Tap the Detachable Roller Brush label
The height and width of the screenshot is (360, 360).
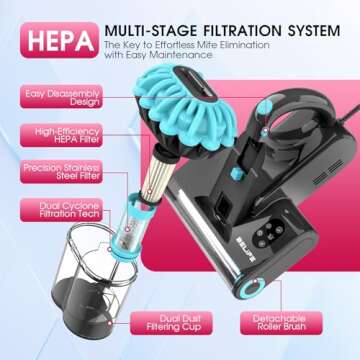click(285, 323)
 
